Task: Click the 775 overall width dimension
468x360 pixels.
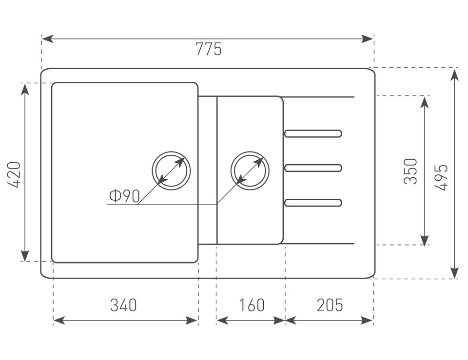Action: (208, 49)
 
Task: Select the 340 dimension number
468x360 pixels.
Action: (123, 305)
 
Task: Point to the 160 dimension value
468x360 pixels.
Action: (252, 305)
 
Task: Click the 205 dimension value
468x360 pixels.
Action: (330, 305)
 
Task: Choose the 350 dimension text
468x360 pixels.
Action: (411, 171)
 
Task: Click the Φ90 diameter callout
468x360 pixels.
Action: (125, 196)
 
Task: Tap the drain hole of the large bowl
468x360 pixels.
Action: (171, 170)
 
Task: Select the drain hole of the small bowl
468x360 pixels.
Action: (250, 170)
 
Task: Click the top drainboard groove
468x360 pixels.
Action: (313, 133)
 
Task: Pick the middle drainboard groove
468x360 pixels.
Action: (313, 168)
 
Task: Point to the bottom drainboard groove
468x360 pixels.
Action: (313, 202)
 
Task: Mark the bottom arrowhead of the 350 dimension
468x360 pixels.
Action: (425, 240)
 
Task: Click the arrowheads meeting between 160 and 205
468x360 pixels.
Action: (285, 320)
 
